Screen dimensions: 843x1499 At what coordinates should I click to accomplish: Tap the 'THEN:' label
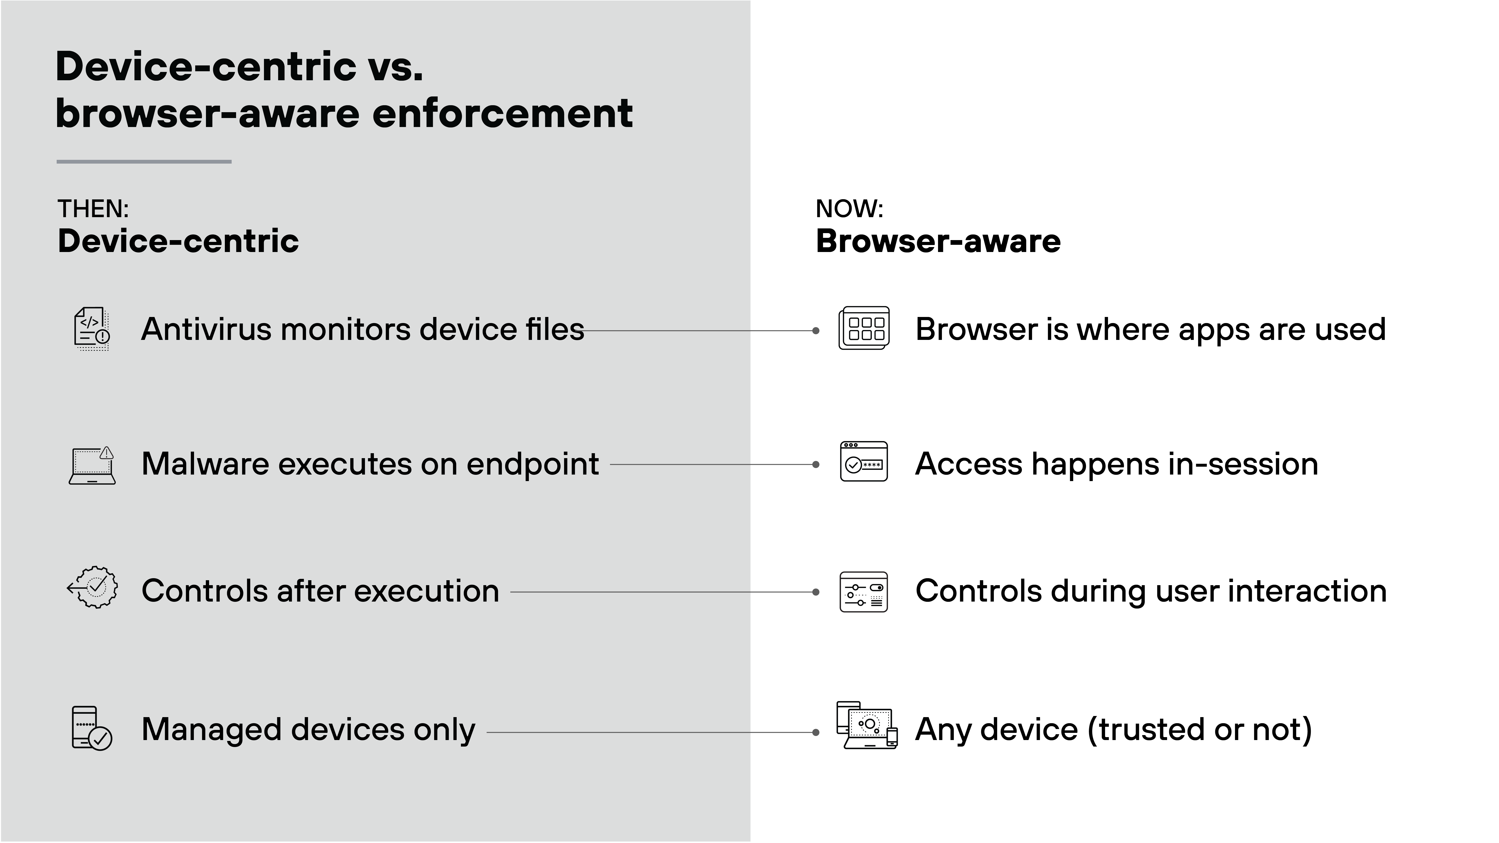[93, 209]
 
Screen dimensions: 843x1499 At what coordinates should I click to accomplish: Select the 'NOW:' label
[849, 209]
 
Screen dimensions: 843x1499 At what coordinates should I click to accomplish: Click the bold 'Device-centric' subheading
[178, 241]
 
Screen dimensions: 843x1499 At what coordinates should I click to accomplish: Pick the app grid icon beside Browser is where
[864, 328]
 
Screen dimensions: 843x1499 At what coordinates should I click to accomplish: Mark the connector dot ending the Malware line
[816, 465]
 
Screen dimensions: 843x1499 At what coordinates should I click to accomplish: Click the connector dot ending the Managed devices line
[816, 732]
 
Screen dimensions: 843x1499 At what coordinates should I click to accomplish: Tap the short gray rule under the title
[144, 162]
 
